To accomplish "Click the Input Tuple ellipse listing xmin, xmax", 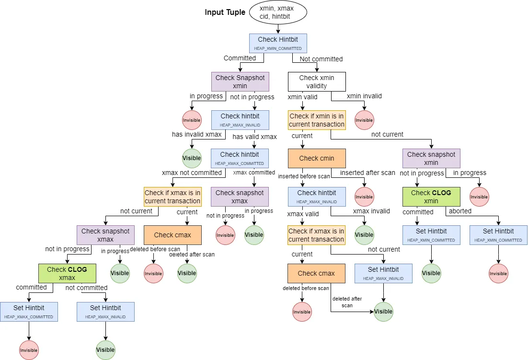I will (278, 12).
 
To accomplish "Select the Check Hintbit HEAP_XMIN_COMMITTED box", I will (278, 43).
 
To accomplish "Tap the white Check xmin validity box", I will (316, 81).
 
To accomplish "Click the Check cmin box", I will (316, 158).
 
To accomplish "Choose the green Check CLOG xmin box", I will (431, 197).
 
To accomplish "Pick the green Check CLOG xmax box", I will (67, 273).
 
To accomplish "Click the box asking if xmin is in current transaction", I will (316, 120).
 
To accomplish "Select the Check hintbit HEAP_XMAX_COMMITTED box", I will (240, 158).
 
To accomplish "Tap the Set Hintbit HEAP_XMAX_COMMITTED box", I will (29, 312).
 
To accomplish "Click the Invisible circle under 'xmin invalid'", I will (364, 120).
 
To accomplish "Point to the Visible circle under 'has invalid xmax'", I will (192, 158).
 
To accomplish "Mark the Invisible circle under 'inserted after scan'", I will (364, 197).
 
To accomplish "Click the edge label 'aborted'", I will (459, 211).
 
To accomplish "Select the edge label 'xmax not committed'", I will (192, 173).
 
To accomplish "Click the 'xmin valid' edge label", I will (302, 96).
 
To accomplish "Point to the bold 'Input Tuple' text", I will (225, 12).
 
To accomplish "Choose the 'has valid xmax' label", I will (254, 137).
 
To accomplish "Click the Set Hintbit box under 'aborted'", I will (498, 235).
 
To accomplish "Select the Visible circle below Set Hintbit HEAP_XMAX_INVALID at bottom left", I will (105, 349).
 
